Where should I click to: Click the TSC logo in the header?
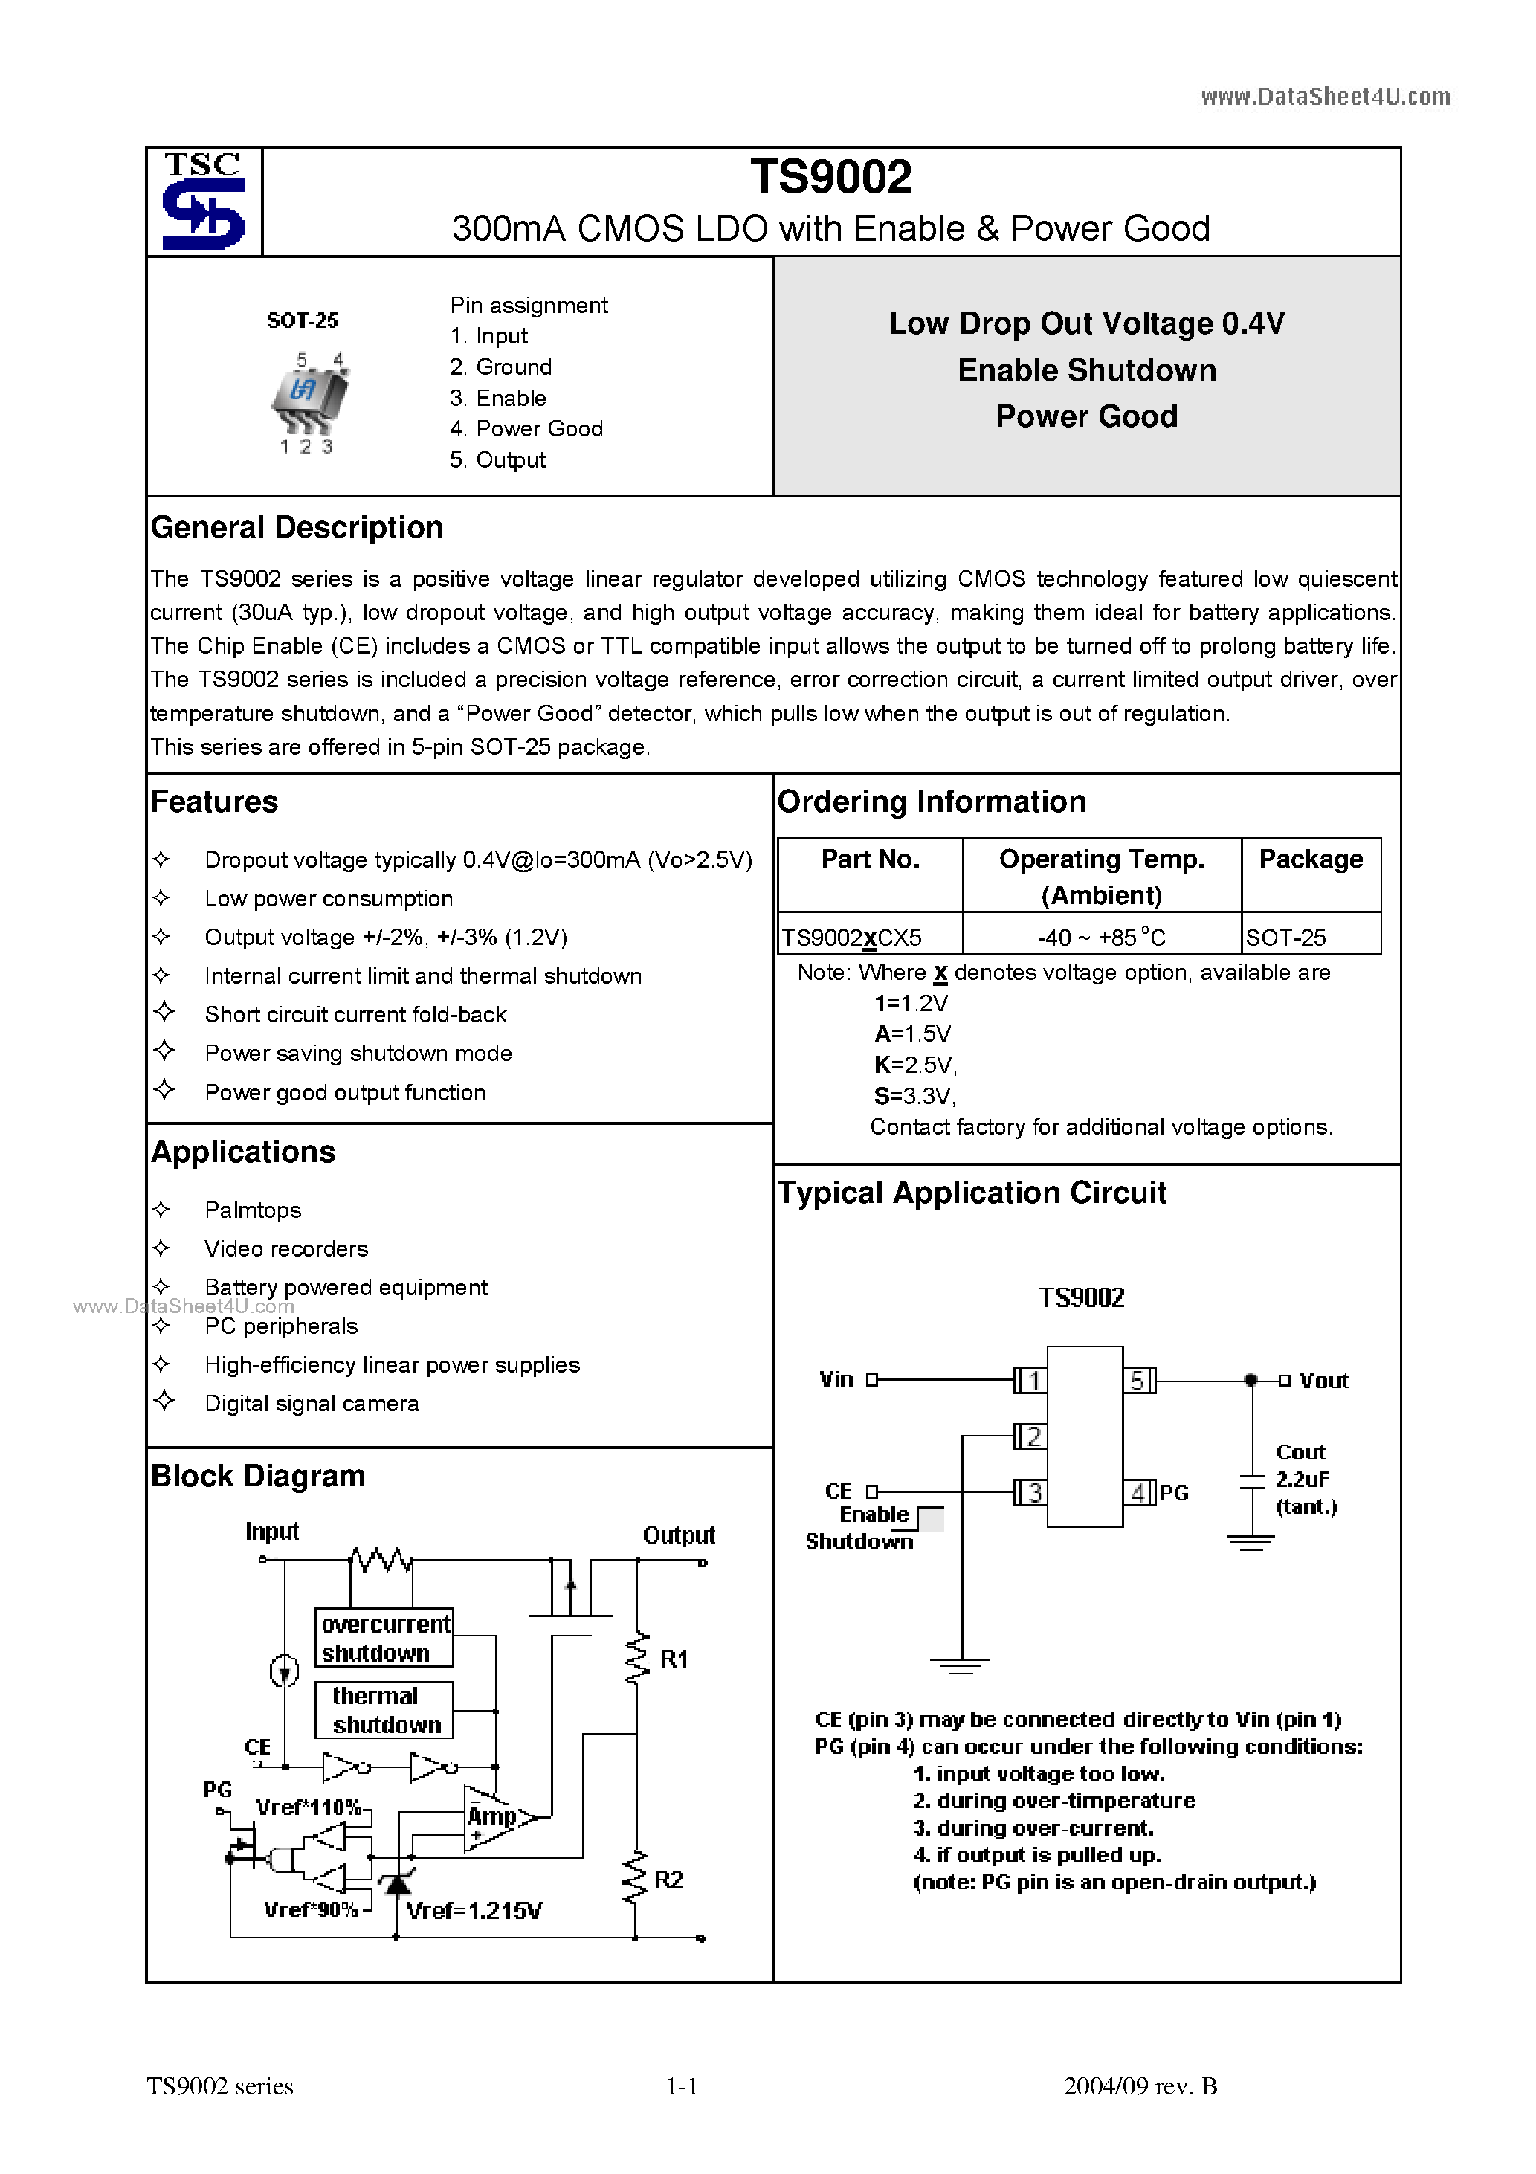click(204, 201)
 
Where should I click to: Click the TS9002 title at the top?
click(830, 177)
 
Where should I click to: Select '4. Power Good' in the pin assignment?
click(526, 429)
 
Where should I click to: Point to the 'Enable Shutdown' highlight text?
click(1086, 370)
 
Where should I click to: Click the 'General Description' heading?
click(297, 527)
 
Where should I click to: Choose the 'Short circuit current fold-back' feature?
click(355, 1015)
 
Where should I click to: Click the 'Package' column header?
click(1310, 859)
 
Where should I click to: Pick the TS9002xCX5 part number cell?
click(851, 938)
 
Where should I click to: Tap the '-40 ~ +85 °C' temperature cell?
click(1100, 938)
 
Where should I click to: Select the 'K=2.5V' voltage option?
click(914, 1065)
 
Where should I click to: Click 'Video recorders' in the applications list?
click(286, 1249)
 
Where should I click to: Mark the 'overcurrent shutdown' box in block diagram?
click(384, 1638)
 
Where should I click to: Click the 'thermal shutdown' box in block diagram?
click(384, 1710)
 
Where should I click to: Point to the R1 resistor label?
click(674, 1659)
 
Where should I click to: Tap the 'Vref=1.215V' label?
click(474, 1911)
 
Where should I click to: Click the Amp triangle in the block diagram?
click(494, 1817)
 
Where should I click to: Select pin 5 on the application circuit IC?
click(1138, 1381)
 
